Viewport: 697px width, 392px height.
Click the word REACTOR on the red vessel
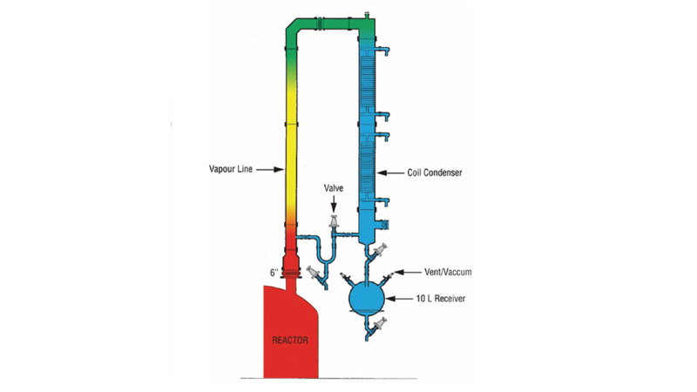tap(290, 341)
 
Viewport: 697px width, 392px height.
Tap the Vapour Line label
tap(231, 169)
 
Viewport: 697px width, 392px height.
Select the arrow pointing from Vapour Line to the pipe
tap(270, 169)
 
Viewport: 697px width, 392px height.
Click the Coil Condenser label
tap(435, 172)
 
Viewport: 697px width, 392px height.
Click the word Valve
tap(334, 188)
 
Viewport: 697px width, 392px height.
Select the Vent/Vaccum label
tap(448, 272)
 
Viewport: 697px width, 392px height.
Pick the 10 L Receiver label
tap(441, 299)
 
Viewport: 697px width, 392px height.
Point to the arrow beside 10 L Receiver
tap(399, 299)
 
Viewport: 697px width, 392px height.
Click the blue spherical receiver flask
tap(367, 298)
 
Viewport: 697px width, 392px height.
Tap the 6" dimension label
tap(274, 273)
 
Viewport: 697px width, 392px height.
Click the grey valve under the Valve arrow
tap(334, 221)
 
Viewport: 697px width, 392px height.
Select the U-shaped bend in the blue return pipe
tap(326, 259)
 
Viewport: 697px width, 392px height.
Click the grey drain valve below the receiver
tap(379, 324)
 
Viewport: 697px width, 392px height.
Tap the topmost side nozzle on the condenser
tap(383, 51)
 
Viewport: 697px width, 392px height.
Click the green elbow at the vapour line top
tap(292, 28)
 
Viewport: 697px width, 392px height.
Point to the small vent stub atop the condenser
tap(367, 15)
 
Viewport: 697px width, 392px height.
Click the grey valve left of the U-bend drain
tap(314, 273)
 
